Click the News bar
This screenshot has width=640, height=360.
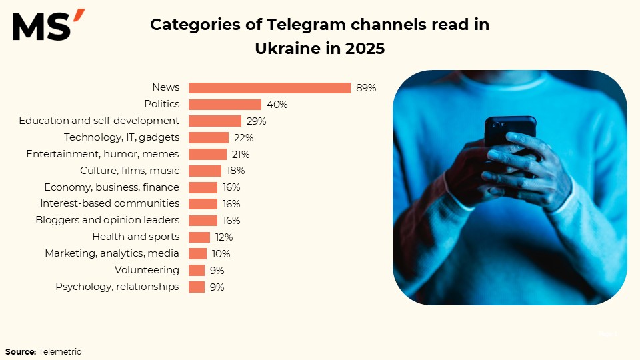pyautogui.click(x=269, y=88)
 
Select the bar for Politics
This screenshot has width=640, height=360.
pyautogui.click(x=225, y=105)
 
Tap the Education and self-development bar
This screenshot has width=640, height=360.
pyautogui.click(x=215, y=121)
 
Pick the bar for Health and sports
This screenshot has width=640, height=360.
pyautogui.click(x=199, y=237)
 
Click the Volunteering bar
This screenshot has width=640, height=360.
pyautogui.click(x=197, y=270)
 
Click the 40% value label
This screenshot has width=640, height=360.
pyautogui.click(x=277, y=105)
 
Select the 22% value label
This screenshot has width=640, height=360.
pyautogui.click(x=243, y=138)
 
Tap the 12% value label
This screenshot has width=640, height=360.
pyautogui.click(x=223, y=237)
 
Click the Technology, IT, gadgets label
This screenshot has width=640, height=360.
pyautogui.click(x=121, y=137)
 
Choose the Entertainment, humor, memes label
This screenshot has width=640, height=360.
pyautogui.click(x=103, y=154)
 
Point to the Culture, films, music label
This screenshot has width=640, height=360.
pyautogui.click(x=129, y=171)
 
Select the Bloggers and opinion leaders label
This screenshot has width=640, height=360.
pyautogui.click(x=107, y=220)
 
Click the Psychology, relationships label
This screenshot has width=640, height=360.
pyautogui.click(x=117, y=287)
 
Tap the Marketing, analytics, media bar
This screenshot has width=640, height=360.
pyautogui.click(x=197, y=253)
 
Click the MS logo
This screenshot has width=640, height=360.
pyautogui.click(x=48, y=26)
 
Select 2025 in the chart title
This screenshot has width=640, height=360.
pyautogui.click(x=365, y=49)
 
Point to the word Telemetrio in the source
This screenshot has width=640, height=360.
pyautogui.click(x=60, y=351)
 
